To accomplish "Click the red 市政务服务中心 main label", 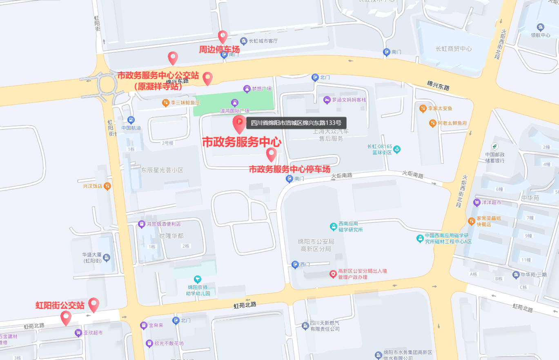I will point(242,142).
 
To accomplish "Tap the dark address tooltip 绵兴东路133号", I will point(296,123).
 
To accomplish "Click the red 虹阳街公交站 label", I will point(60,306).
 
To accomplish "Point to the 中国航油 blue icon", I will point(131,120).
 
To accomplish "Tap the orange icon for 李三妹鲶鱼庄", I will point(165,103).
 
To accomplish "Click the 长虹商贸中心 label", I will point(454,49).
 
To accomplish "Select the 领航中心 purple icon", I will point(541,27).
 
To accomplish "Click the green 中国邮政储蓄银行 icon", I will point(495,146).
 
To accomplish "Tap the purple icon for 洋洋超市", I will point(476,202).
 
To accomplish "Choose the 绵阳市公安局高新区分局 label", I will point(316,245).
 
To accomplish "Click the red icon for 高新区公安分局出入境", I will point(333,274).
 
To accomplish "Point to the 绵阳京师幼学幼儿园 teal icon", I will point(198,279).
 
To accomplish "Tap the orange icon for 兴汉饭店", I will point(107,186).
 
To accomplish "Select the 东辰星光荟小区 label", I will point(162,170).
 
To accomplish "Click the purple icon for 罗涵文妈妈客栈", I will point(327,100).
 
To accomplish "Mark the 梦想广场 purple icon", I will point(247,89).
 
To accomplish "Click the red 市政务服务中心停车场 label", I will point(290,169).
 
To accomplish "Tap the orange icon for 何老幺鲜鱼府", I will point(432,123).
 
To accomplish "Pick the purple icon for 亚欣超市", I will point(78,333).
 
